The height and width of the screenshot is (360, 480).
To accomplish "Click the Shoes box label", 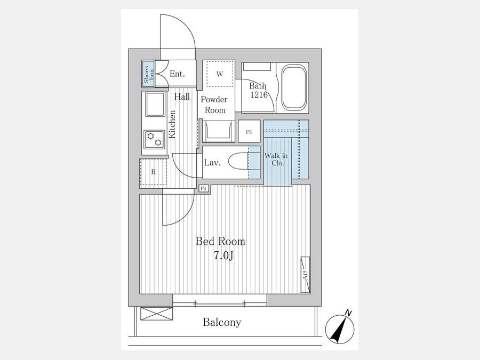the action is tap(149, 74).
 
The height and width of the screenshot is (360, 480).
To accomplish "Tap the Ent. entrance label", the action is tap(178, 74).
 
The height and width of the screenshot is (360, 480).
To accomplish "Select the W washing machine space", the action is tap(220, 74).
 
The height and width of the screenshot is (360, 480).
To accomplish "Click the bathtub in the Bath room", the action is tap(294, 87).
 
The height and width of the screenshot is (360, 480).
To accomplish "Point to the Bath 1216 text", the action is tap(258, 90).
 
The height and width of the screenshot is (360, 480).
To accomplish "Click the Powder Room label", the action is tap(214, 105).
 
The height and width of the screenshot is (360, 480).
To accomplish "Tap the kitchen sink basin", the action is tap(156, 105).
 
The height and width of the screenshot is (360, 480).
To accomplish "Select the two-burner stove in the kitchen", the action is tap(154, 139).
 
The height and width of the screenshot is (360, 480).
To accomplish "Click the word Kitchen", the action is tap(172, 124).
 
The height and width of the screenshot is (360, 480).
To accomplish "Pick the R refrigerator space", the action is tap(154, 172).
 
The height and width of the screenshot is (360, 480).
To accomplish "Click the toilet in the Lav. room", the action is tap(239, 162).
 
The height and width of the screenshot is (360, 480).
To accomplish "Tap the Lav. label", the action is tap(212, 162).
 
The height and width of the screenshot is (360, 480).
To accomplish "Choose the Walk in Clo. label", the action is tap(276, 159).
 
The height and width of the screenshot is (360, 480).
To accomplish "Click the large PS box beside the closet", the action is tap(249, 131).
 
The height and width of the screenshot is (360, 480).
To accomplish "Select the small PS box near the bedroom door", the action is tap(204, 189).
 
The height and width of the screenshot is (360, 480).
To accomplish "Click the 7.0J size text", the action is tap(224, 255).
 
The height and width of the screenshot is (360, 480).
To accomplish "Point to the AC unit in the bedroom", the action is tap(305, 275).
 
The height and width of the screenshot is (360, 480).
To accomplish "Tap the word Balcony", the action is tap(222, 322).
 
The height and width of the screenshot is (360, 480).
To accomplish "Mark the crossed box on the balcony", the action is tap(156, 314).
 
